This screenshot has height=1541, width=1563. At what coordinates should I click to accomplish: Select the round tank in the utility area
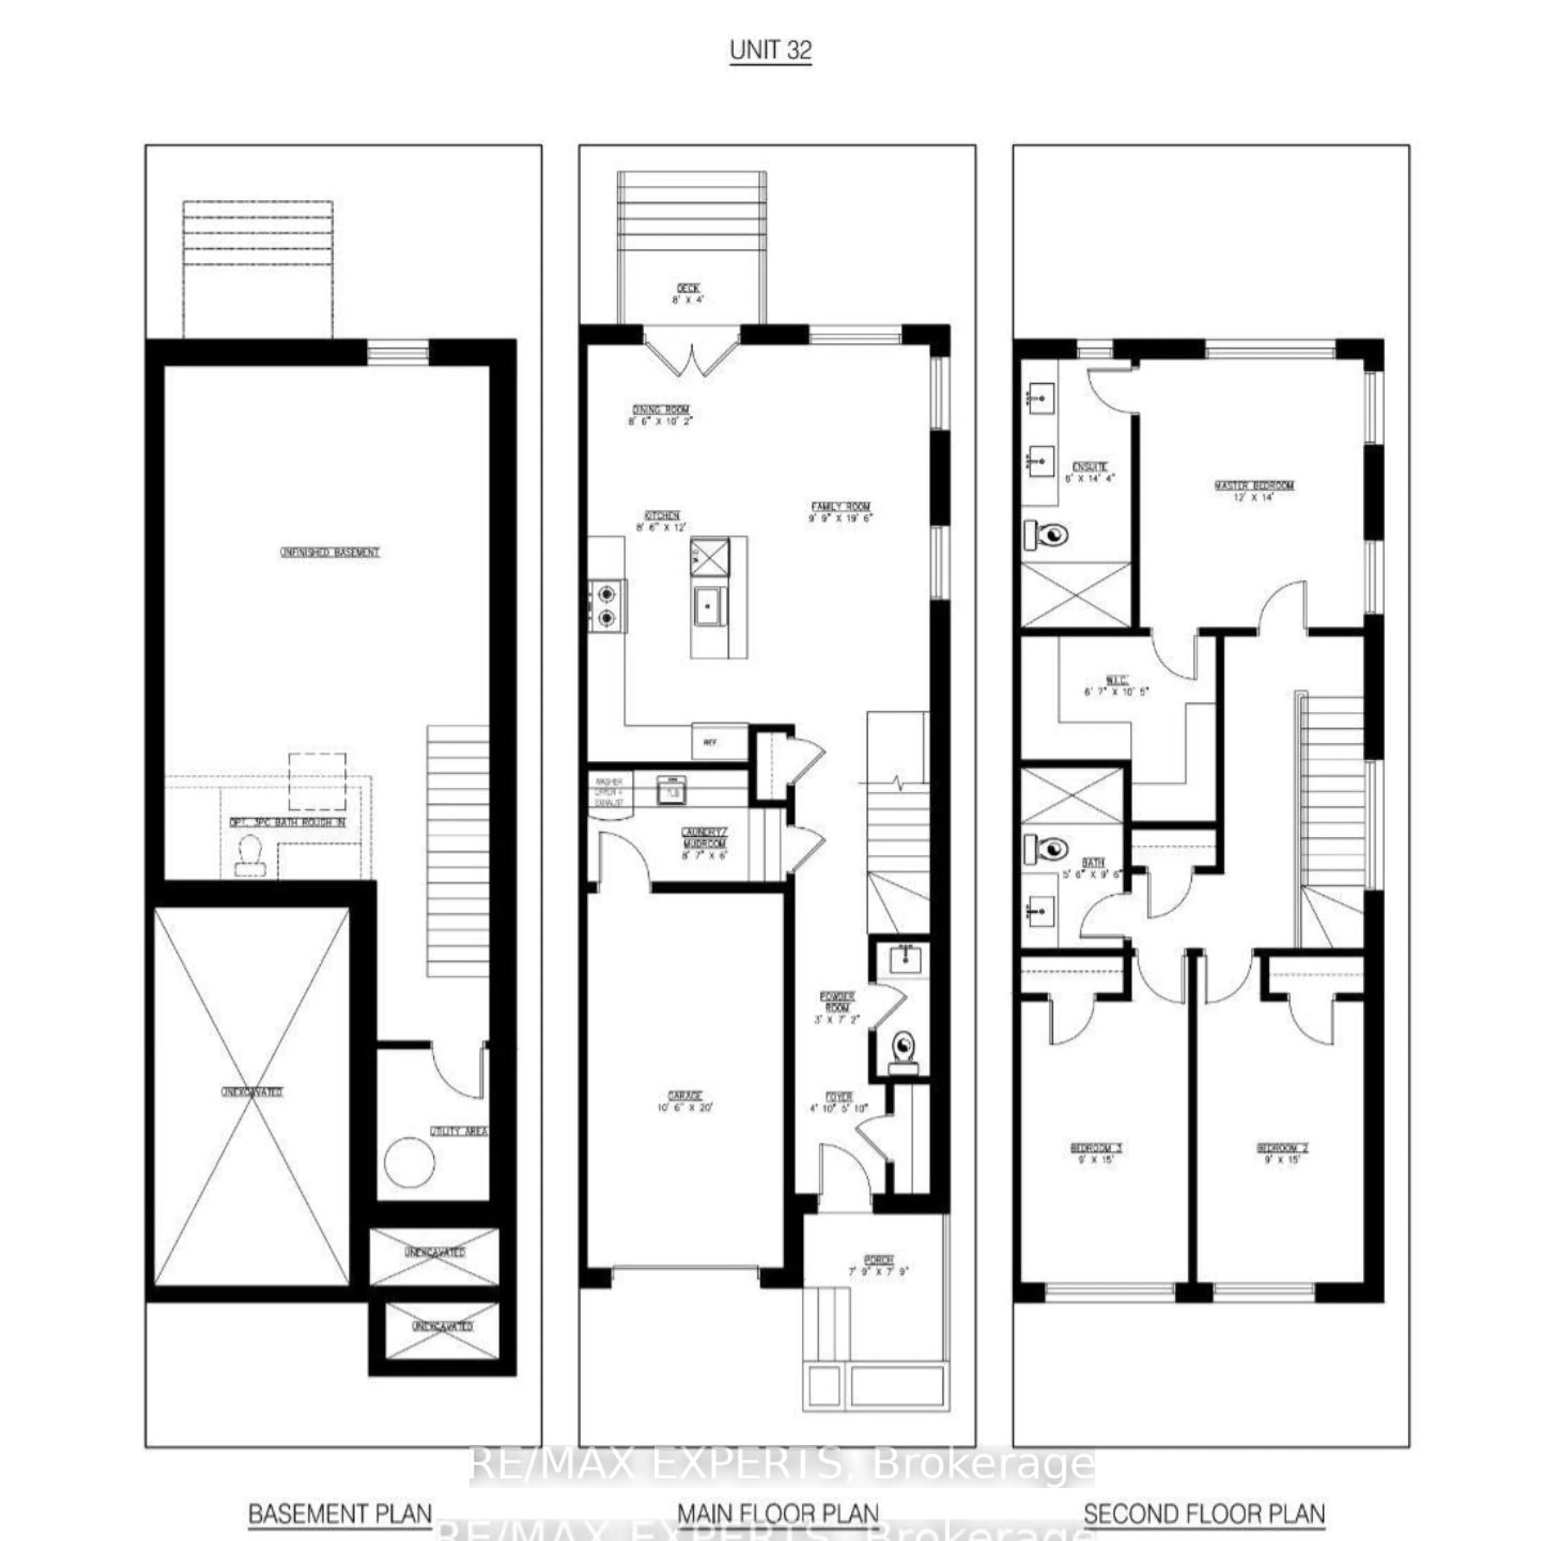(409, 1163)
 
